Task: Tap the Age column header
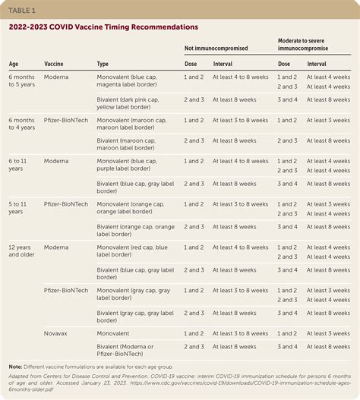point(14,65)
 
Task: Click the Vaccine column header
point(53,65)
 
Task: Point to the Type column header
point(103,65)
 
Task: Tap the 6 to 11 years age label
point(20,165)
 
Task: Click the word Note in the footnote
point(15,366)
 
